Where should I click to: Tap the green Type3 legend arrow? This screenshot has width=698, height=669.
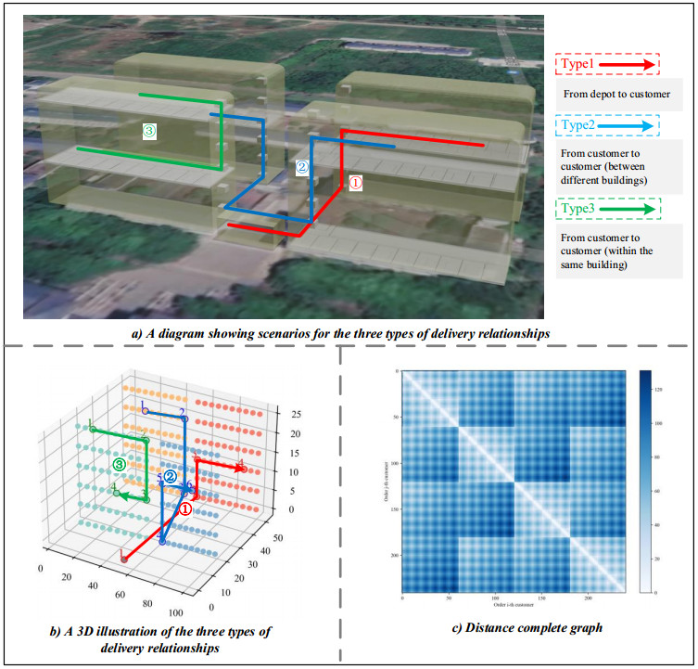click(x=631, y=210)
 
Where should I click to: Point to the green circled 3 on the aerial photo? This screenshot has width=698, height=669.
click(x=149, y=132)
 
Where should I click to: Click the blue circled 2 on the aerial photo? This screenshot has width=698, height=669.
click(x=301, y=168)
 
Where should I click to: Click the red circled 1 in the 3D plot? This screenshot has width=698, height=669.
click(x=185, y=508)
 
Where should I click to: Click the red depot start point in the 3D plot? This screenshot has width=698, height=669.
click(x=123, y=558)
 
